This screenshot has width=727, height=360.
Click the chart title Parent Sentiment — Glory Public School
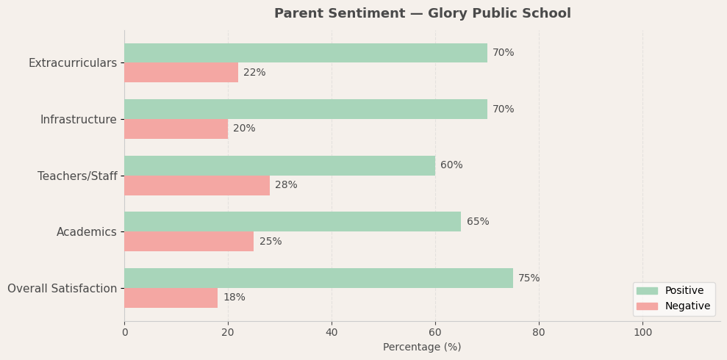[422, 14]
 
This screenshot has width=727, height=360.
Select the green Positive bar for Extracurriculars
[305, 53]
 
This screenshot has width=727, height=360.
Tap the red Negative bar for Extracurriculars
[181, 73]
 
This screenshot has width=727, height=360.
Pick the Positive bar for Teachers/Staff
[279, 165]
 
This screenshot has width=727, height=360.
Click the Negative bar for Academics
[189, 242]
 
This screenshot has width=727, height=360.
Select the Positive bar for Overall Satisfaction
[318, 278]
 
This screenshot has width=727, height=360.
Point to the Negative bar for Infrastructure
[176, 129]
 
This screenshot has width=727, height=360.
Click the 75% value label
[529, 278]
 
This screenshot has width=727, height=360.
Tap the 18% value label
[234, 298]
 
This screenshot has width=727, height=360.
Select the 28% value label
[286, 185]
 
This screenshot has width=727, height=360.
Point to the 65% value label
[477, 222]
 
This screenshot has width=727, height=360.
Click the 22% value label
[254, 73]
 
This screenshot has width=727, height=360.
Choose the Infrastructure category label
[78, 120]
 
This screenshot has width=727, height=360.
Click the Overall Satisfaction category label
[62, 289]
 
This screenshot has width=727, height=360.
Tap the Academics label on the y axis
[86, 232]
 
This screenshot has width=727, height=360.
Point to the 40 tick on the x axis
[332, 333]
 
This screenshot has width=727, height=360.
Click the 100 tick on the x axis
[642, 333]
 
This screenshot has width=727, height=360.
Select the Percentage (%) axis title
[422, 348]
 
